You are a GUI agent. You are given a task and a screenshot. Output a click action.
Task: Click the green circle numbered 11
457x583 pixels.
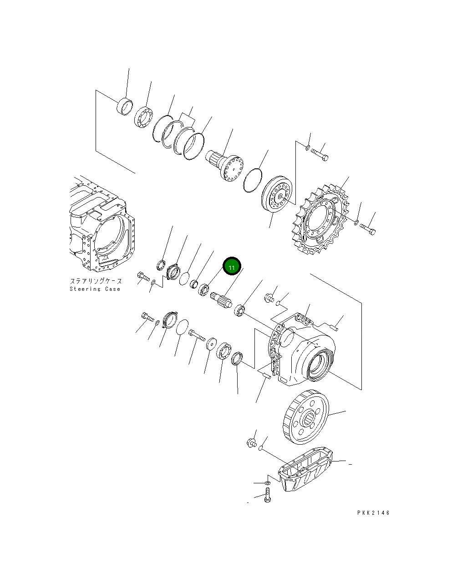(x=231, y=267)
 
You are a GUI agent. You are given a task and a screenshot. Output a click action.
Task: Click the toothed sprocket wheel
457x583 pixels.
(x=321, y=221)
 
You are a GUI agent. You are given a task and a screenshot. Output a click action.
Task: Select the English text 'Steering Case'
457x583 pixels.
(x=95, y=289)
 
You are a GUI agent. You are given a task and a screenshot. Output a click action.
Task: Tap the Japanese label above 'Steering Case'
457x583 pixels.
(x=96, y=281)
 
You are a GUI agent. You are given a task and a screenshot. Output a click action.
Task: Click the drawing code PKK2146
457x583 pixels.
(x=373, y=513)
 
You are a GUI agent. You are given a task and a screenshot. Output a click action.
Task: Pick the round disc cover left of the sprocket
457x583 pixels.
(x=277, y=195)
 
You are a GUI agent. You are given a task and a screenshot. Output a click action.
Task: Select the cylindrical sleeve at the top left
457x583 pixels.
(x=125, y=106)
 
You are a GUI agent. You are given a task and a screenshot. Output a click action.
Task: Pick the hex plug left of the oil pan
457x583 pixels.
(x=251, y=441)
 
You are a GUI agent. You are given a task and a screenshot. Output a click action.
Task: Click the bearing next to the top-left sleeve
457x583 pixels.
(x=143, y=117)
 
